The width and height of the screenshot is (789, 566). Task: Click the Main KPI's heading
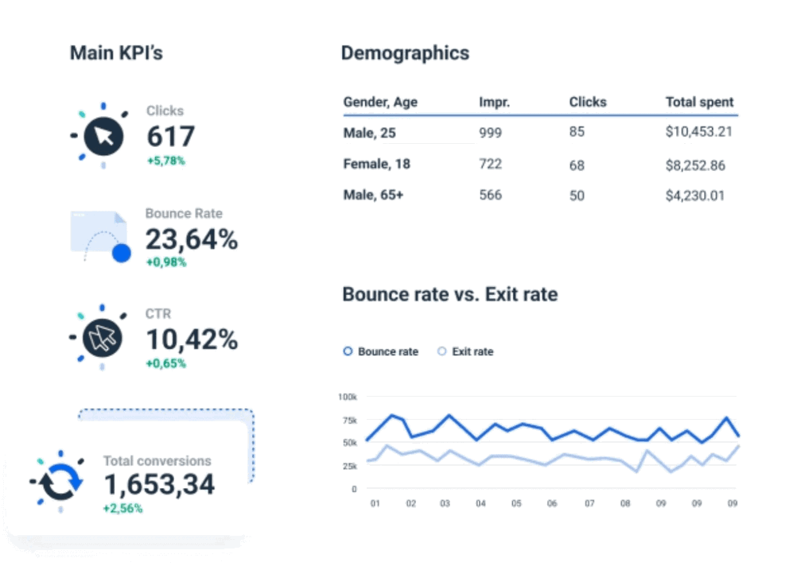(116, 53)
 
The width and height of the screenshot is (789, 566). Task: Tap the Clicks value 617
(170, 137)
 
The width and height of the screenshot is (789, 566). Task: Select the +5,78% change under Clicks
(165, 161)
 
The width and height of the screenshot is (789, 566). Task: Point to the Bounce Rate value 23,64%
(191, 238)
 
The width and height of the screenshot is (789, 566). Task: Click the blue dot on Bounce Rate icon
(121, 254)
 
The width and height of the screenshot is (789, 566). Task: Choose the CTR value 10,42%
(191, 339)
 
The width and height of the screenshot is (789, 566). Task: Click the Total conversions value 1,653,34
(159, 483)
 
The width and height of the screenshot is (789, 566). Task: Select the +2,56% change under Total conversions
(122, 508)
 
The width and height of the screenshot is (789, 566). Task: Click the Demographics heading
(405, 53)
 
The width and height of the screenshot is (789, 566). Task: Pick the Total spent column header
(699, 102)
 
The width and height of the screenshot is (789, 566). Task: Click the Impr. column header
(494, 102)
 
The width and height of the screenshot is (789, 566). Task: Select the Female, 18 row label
(376, 164)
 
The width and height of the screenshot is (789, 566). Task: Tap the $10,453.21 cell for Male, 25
(698, 132)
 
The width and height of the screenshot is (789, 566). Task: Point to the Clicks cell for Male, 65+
(577, 196)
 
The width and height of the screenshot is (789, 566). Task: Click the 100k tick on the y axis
(348, 396)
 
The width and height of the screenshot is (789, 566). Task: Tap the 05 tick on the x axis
(516, 503)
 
